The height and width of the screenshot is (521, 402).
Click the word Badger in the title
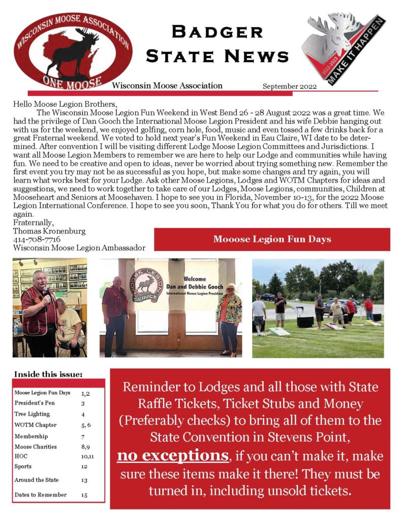pyautogui.click(x=218, y=32)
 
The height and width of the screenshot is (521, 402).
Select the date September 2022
pyautogui.click(x=289, y=86)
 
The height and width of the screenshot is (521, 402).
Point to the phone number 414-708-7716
pyautogui.click(x=37, y=239)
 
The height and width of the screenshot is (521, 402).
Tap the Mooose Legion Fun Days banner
pyautogui.click(x=272, y=239)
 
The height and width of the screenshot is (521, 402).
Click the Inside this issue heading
pyautogui.click(x=48, y=374)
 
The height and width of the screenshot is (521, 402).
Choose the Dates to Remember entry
pyautogui.click(x=41, y=495)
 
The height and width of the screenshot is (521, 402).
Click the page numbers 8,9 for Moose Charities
pyautogui.click(x=86, y=447)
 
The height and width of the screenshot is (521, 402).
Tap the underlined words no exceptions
pyautogui.click(x=172, y=456)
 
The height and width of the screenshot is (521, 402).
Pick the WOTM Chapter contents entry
pyautogui.click(x=36, y=425)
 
